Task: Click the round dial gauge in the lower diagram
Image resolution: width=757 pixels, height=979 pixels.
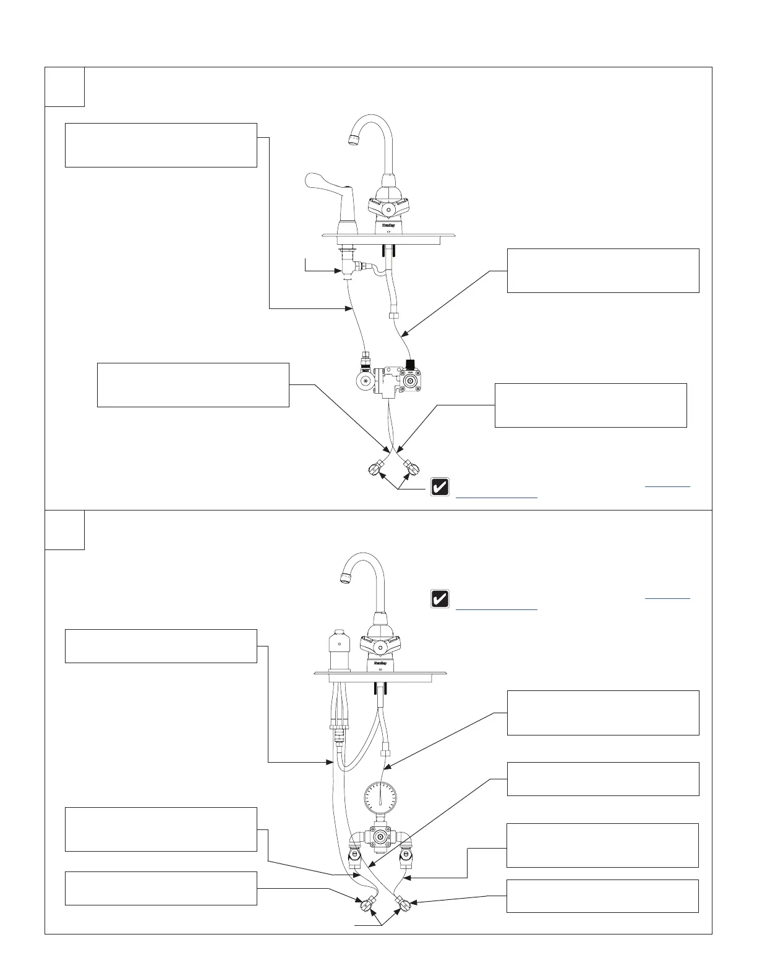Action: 380,797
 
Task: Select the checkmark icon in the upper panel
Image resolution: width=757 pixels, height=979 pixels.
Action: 440,487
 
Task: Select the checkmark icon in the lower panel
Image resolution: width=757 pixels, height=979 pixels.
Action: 440,599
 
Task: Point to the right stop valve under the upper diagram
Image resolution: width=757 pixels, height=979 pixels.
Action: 409,464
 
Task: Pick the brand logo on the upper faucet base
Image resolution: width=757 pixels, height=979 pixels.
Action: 388,226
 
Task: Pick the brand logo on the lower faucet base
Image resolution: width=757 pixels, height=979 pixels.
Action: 380,661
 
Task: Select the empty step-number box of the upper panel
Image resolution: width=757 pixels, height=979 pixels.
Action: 64,87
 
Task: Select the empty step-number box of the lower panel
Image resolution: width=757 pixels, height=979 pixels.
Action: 64,530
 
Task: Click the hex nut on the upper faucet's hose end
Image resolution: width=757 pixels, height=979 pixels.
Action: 394,315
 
